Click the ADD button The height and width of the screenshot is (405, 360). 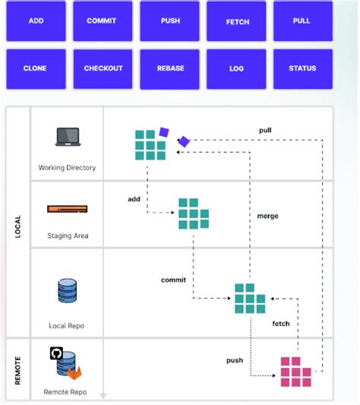[36, 21]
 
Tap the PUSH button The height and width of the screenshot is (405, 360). [170, 21]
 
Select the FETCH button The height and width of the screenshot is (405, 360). [238, 21]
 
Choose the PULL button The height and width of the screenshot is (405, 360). [302, 21]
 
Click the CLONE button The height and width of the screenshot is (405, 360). [36, 68]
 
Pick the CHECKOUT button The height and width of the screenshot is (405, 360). [103, 68]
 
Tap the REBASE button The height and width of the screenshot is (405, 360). [170, 68]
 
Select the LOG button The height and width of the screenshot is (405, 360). [236, 68]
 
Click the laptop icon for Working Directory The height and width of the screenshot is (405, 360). [67, 138]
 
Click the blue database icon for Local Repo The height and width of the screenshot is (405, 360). [67, 292]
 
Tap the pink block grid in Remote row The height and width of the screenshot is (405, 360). [295, 372]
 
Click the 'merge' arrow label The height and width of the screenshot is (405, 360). [267, 216]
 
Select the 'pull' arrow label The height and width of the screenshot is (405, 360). [265, 130]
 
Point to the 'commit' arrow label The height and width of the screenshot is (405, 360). [173, 280]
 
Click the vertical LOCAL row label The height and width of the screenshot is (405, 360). [17, 226]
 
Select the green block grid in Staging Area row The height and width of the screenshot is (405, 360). [193, 214]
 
